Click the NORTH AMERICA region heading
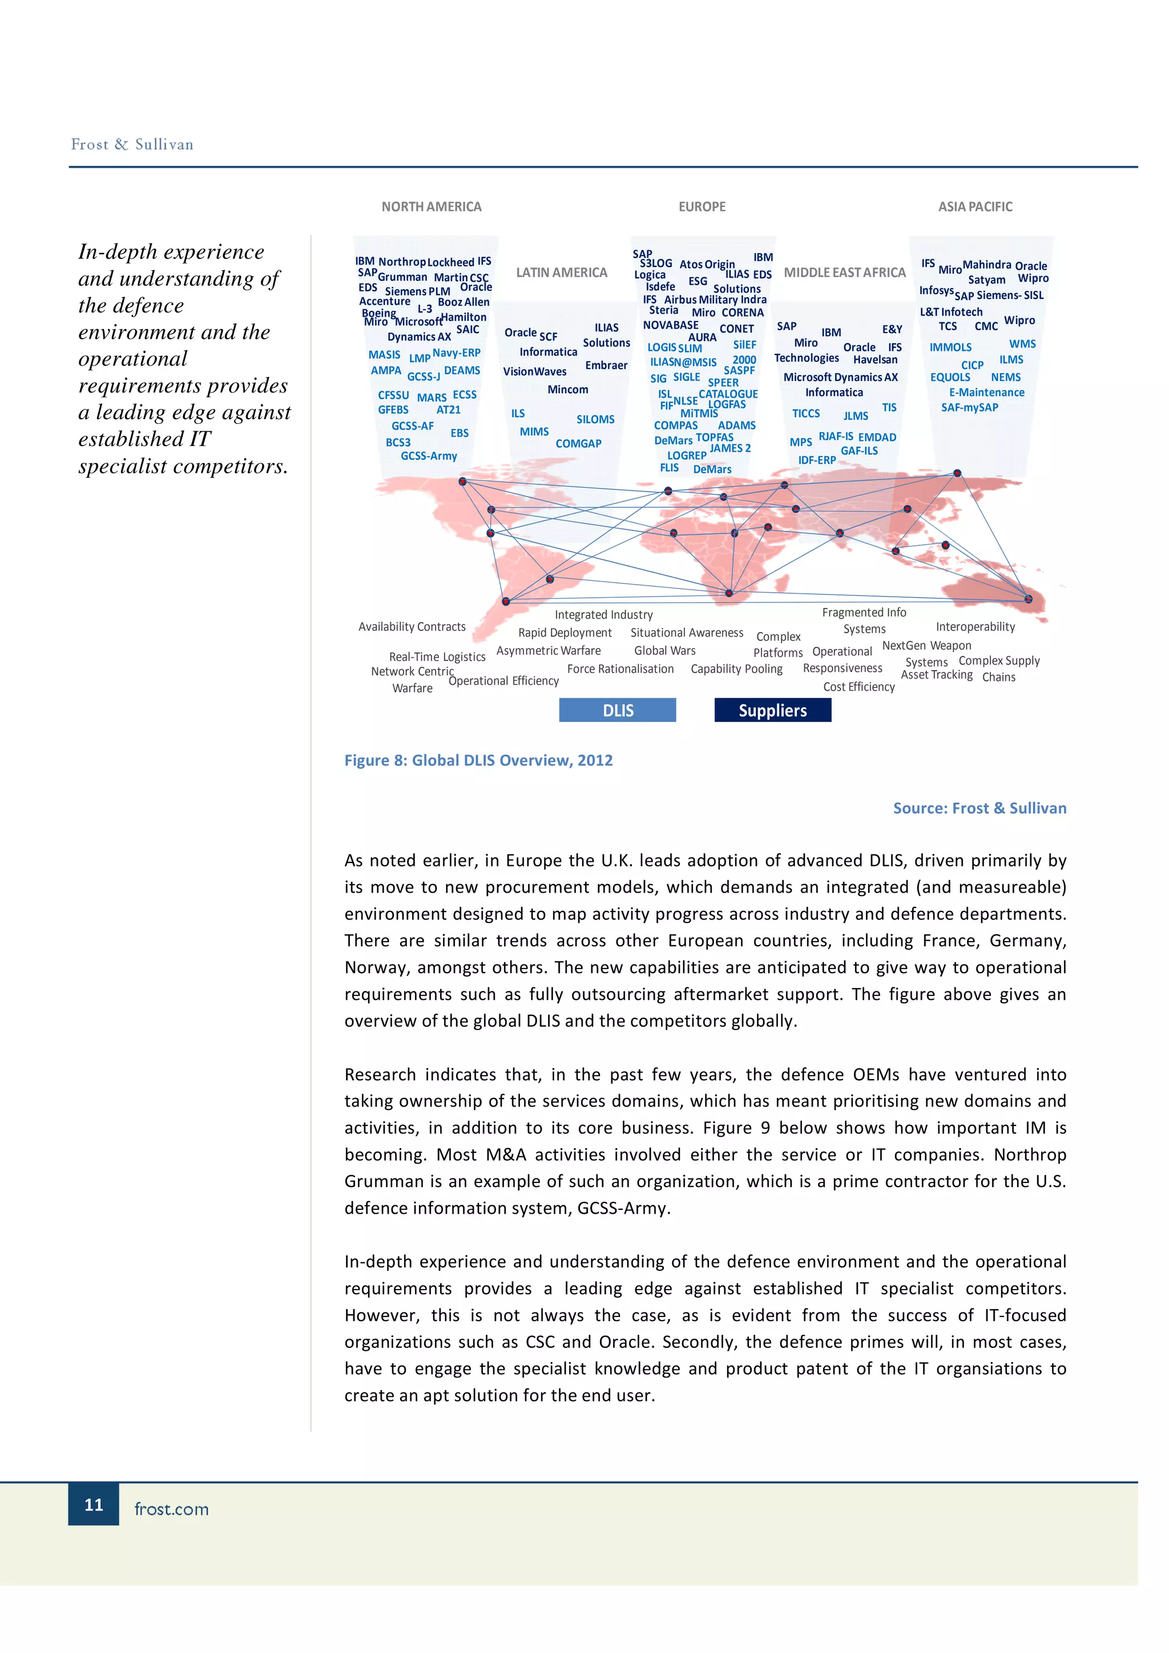[432, 206]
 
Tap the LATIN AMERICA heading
[561, 272]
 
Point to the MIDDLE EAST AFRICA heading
[844, 272]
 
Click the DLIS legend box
[617, 710]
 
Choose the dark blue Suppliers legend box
[772, 710]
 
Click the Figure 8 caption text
[478, 760]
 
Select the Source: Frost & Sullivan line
[979, 808]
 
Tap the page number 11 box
[94, 1504]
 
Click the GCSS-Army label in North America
[429, 456]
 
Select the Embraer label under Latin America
[606, 365]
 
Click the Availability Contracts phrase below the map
[412, 626]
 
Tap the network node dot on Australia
[1028, 599]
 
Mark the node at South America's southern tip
[506, 601]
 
